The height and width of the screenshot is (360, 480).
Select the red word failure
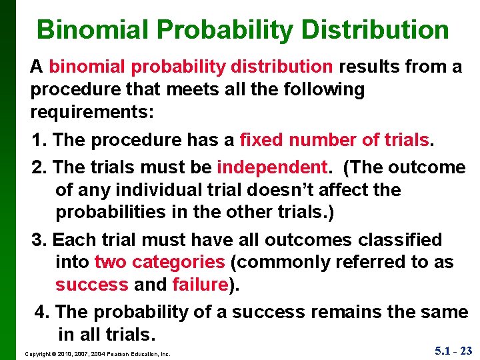point(200,285)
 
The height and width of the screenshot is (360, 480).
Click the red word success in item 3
point(91,285)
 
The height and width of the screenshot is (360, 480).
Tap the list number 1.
point(39,140)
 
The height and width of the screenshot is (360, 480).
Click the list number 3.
point(39,239)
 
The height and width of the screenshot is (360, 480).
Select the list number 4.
point(41,312)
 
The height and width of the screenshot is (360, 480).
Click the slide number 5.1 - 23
point(453,351)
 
